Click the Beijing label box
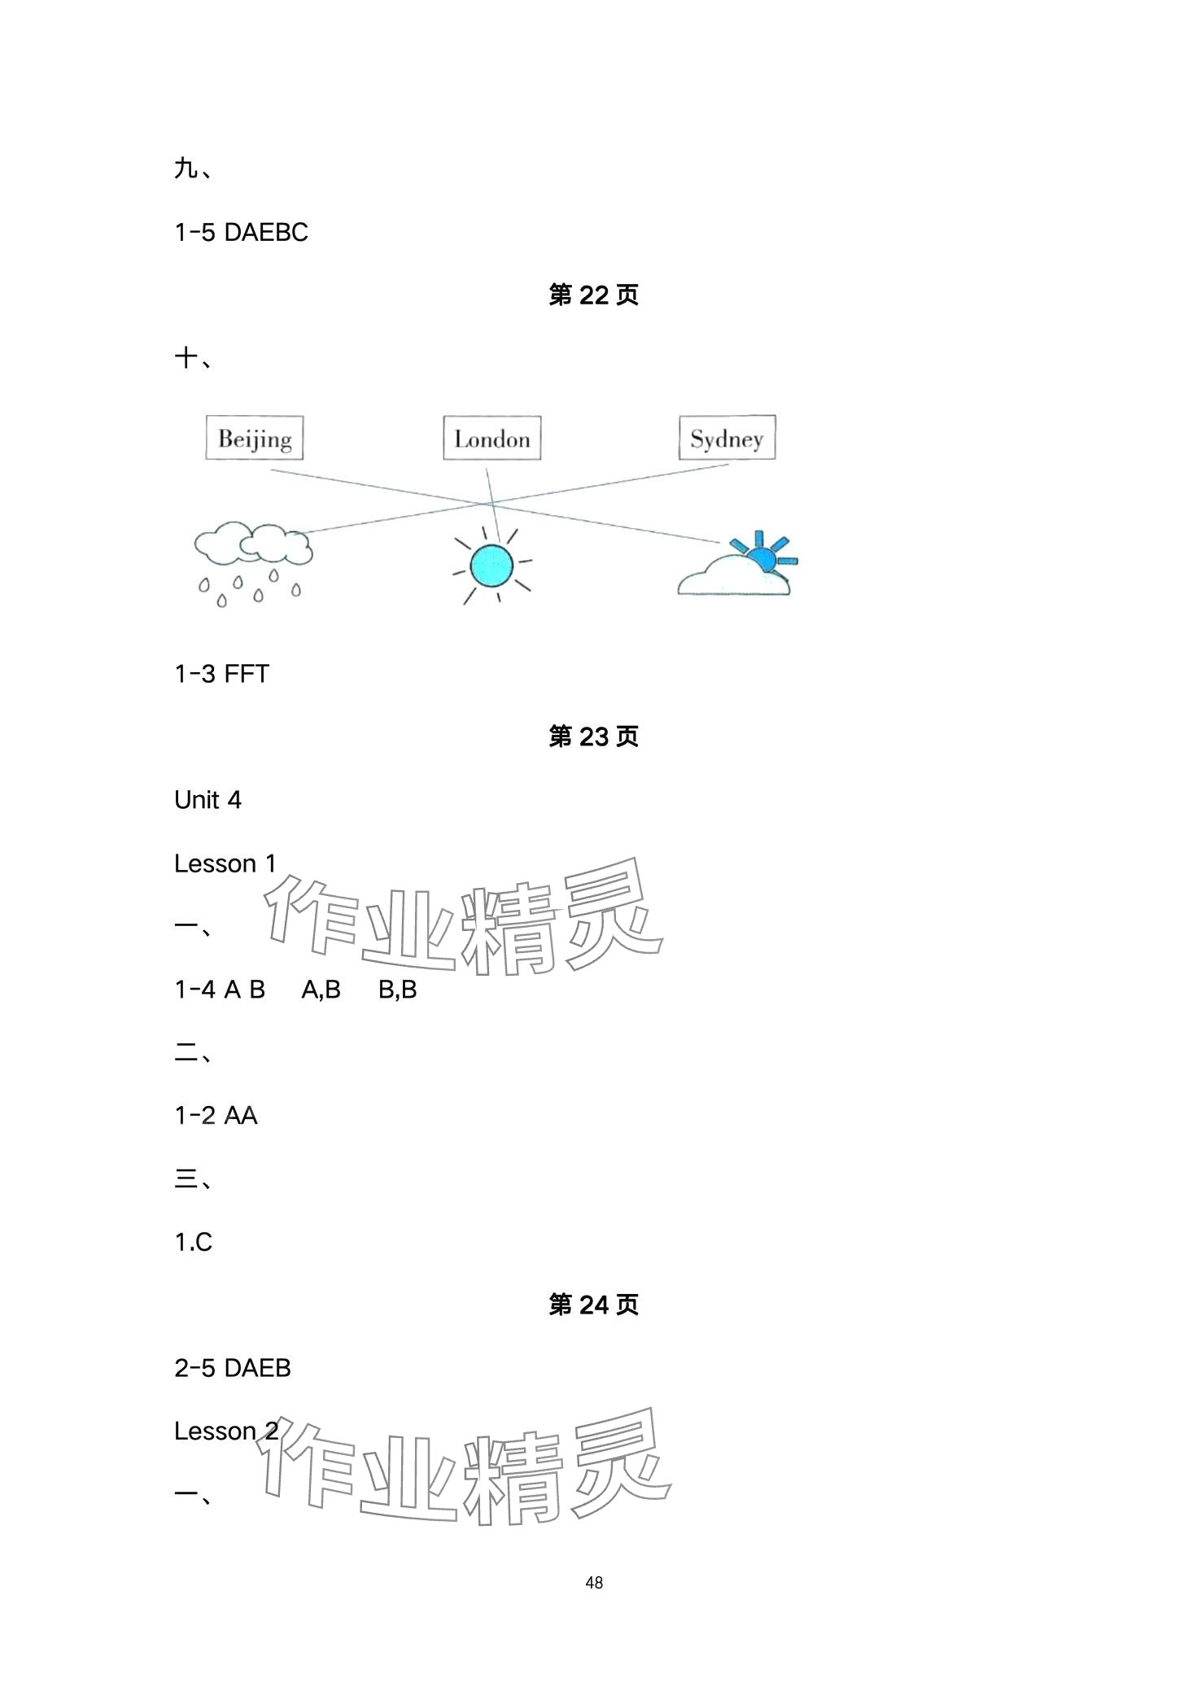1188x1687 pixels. pyautogui.click(x=254, y=439)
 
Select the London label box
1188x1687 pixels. pyautogui.click(x=491, y=439)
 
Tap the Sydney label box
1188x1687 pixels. pyautogui.click(x=727, y=438)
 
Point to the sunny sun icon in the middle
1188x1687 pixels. pyautogui.click(x=491, y=565)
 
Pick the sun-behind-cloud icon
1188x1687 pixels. pyautogui.click(x=737, y=565)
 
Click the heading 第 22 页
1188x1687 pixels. pyautogui.click(x=593, y=295)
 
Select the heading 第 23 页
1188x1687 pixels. pyautogui.click(x=593, y=736)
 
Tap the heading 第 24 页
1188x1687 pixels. pyautogui.click(x=593, y=1305)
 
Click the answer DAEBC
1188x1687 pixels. pyautogui.click(x=265, y=233)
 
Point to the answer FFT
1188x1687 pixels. pyautogui.click(x=246, y=674)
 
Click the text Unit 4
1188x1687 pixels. pyautogui.click(x=207, y=800)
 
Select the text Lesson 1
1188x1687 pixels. pyautogui.click(x=225, y=863)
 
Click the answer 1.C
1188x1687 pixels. pyautogui.click(x=194, y=1242)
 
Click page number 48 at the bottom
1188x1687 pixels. pyautogui.click(x=593, y=1582)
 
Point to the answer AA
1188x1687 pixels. pyautogui.click(x=240, y=1116)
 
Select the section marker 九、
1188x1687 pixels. pyautogui.click(x=193, y=169)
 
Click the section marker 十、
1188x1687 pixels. pyautogui.click(x=193, y=358)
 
